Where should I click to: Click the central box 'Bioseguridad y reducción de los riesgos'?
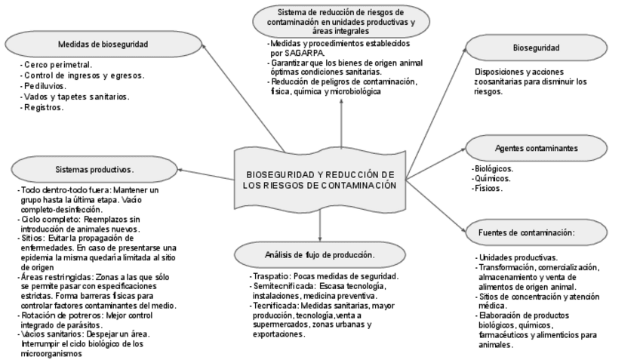pos(320,179)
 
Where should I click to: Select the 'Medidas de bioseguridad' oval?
pos(103,44)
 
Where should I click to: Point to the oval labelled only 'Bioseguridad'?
pos(536,48)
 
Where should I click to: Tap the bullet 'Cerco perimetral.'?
pos(57,65)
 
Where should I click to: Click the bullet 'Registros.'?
pos(45,107)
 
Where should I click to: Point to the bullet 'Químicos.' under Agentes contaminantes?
pos(491,179)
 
